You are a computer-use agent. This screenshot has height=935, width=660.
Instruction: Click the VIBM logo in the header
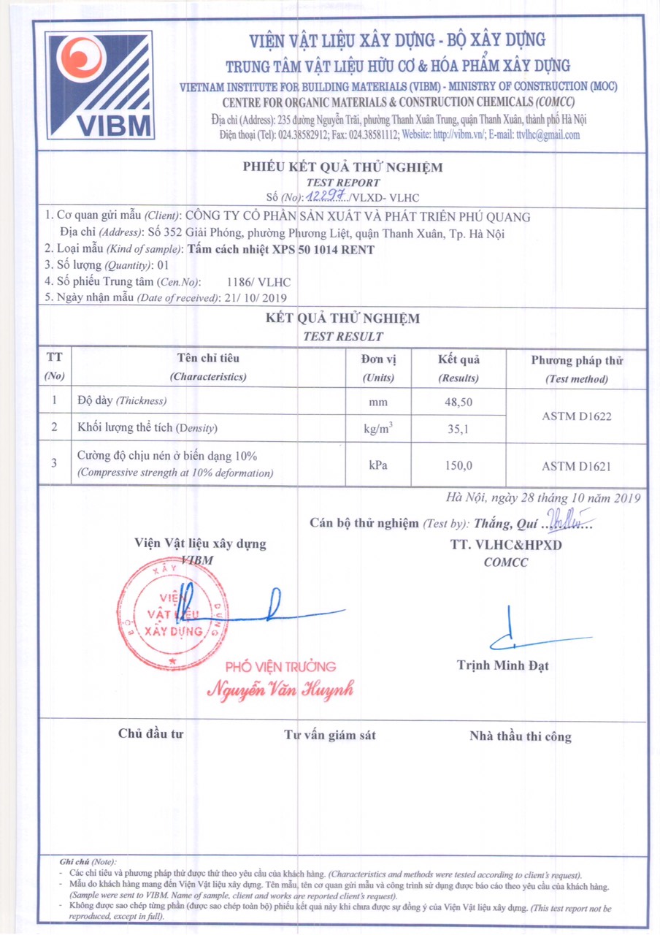[x=100, y=85]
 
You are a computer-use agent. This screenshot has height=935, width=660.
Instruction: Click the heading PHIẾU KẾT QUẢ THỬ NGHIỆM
[x=343, y=167]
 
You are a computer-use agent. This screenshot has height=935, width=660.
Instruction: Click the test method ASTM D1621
[x=577, y=465]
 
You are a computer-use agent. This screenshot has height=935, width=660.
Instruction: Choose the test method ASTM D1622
[x=577, y=416]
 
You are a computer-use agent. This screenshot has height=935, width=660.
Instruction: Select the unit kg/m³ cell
[x=378, y=429]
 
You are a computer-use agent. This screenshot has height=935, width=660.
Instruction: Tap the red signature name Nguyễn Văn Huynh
[x=281, y=688]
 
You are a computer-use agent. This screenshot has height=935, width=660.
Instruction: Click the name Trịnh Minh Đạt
[x=503, y=665]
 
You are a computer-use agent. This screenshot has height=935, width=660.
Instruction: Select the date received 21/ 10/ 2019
[x=257, y=298]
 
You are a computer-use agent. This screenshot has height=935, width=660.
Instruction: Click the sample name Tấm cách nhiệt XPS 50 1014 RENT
[x=281, y=250]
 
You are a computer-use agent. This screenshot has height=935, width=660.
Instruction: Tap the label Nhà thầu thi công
[x=521, y=736]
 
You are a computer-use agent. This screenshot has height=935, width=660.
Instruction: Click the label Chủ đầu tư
[x=150, y=734]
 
